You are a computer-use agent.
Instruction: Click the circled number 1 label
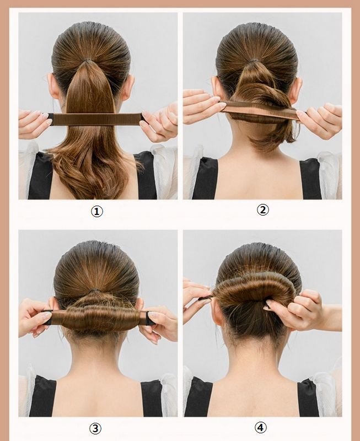96,211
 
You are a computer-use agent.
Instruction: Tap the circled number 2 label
262,210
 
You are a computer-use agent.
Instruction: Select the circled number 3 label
95,428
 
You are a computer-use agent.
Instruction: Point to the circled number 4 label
261,428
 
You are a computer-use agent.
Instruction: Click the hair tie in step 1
89,61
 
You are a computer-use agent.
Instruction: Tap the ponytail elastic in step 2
254,61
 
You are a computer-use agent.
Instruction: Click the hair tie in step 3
95,290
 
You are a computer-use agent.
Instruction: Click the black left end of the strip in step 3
47,318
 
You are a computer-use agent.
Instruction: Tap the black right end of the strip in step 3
151,318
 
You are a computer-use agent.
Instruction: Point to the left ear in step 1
53,86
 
